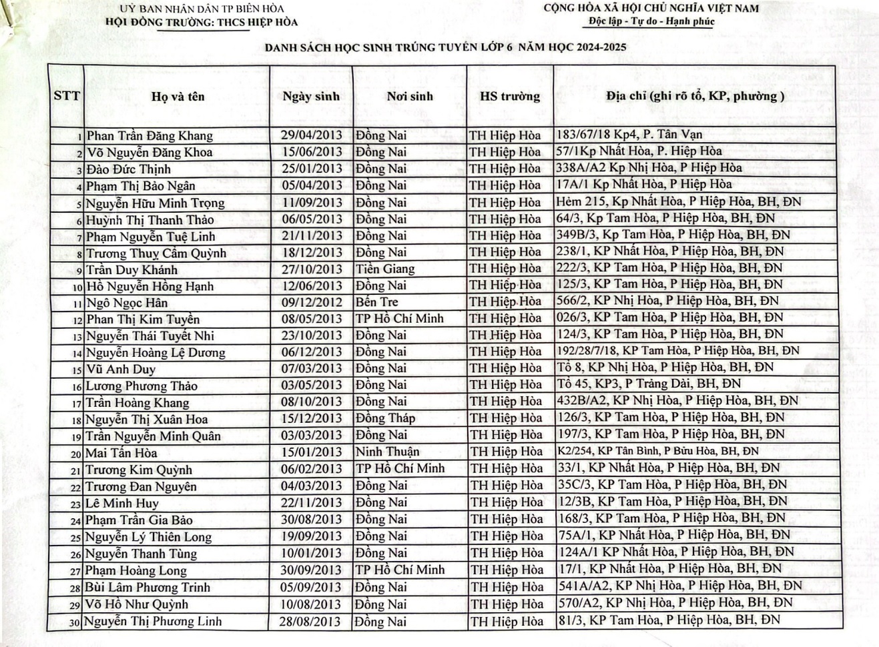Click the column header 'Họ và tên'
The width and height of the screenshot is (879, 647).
click(x=178, y=97)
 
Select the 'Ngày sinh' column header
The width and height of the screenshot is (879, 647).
click(x=310, y=96)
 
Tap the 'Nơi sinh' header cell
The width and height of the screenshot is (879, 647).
click(x=410, y=96)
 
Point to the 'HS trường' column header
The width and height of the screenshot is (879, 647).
click(x=510, y=96)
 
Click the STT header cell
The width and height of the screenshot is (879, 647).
click(x=66, y=95)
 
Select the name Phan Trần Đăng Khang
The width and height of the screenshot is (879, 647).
click(x=150, y=135)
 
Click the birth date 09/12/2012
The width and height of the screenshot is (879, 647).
click(x=311, y=302)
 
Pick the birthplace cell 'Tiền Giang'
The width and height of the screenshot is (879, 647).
click(x=385, y=269)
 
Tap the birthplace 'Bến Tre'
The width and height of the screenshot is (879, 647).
click(x=377, y=302)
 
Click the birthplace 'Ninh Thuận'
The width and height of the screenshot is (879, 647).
click(x=388, y=452)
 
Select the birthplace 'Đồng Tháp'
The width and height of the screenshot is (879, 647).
click(x=386, y=418)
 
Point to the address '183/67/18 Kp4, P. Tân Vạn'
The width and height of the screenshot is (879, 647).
click(x=629, y=135)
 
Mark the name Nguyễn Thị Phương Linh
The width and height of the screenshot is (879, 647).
click(x=154, y=622)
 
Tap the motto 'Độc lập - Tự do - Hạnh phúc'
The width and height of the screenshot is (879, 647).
click(x=651, y=21)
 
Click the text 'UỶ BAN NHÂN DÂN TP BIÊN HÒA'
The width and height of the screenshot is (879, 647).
click(x=202, y=9)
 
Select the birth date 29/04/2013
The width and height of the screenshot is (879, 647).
click(x=311, y=135)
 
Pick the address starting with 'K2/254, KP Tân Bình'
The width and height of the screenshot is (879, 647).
click(x=657, y=452)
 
